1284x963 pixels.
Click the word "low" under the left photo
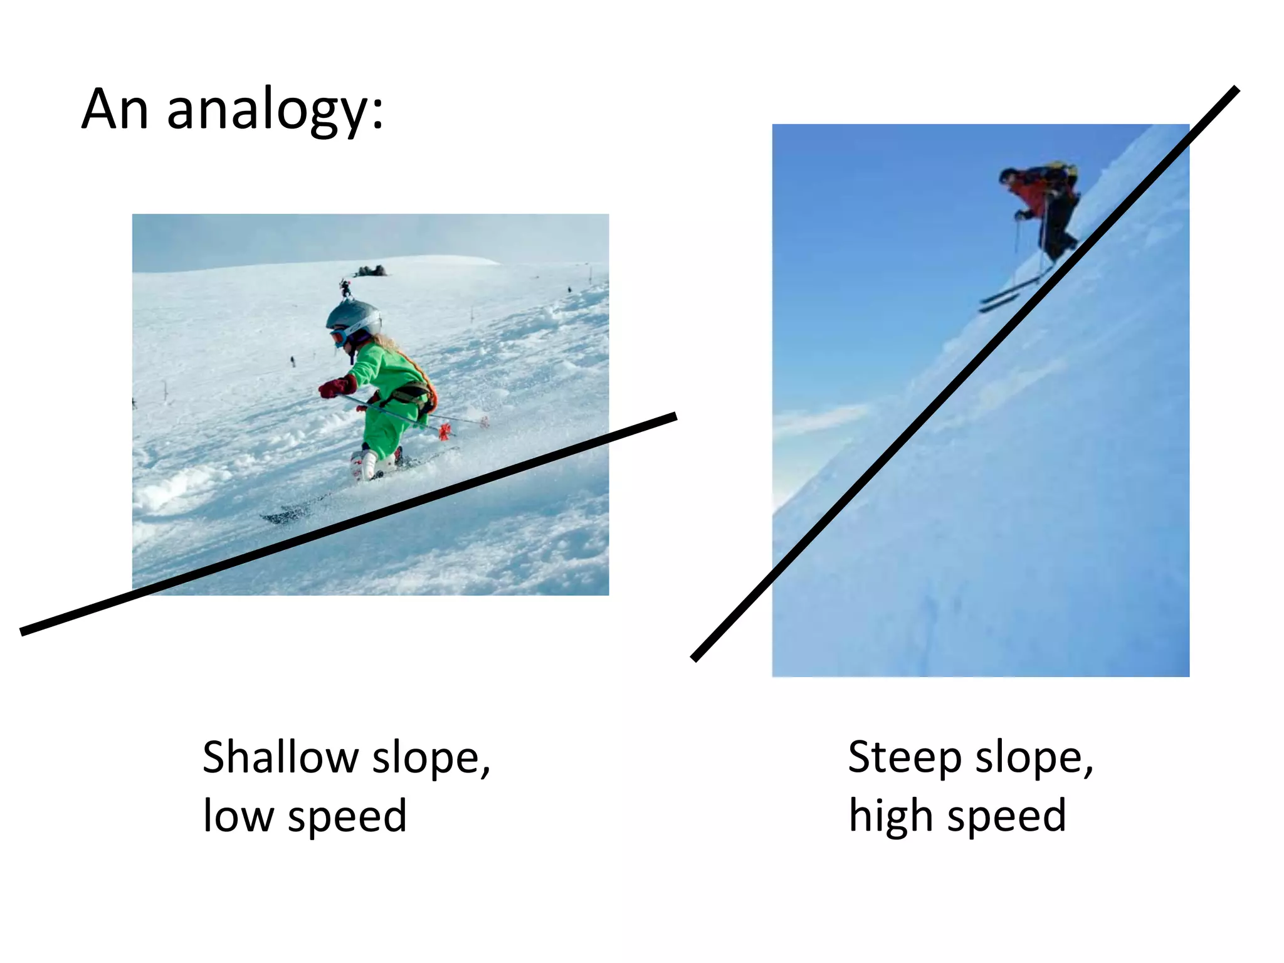click(238, 816)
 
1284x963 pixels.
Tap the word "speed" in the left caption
click(347, 816)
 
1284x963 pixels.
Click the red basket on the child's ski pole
click(445, 431)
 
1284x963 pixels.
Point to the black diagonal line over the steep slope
click(966, 373)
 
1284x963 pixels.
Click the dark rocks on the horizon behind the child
click(371, 271)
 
